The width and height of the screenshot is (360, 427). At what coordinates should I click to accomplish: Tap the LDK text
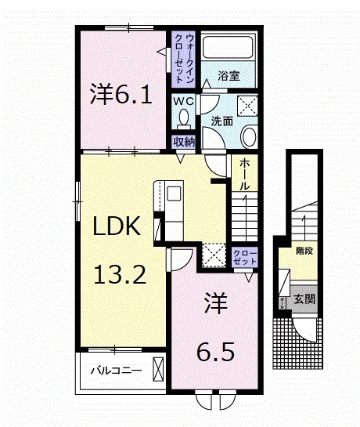pos(117,227)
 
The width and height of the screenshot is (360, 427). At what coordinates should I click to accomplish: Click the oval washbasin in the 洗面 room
pos(248,138)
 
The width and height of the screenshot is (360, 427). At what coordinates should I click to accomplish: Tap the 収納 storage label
pos(184,142)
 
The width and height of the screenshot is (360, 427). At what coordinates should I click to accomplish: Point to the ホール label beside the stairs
pos(244,176)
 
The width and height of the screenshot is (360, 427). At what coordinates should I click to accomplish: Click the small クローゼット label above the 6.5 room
pos(242,258)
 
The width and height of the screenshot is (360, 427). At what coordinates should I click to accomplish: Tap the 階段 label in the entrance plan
pos(304,251)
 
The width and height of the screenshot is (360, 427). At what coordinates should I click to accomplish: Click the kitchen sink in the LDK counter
pos(172,193)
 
